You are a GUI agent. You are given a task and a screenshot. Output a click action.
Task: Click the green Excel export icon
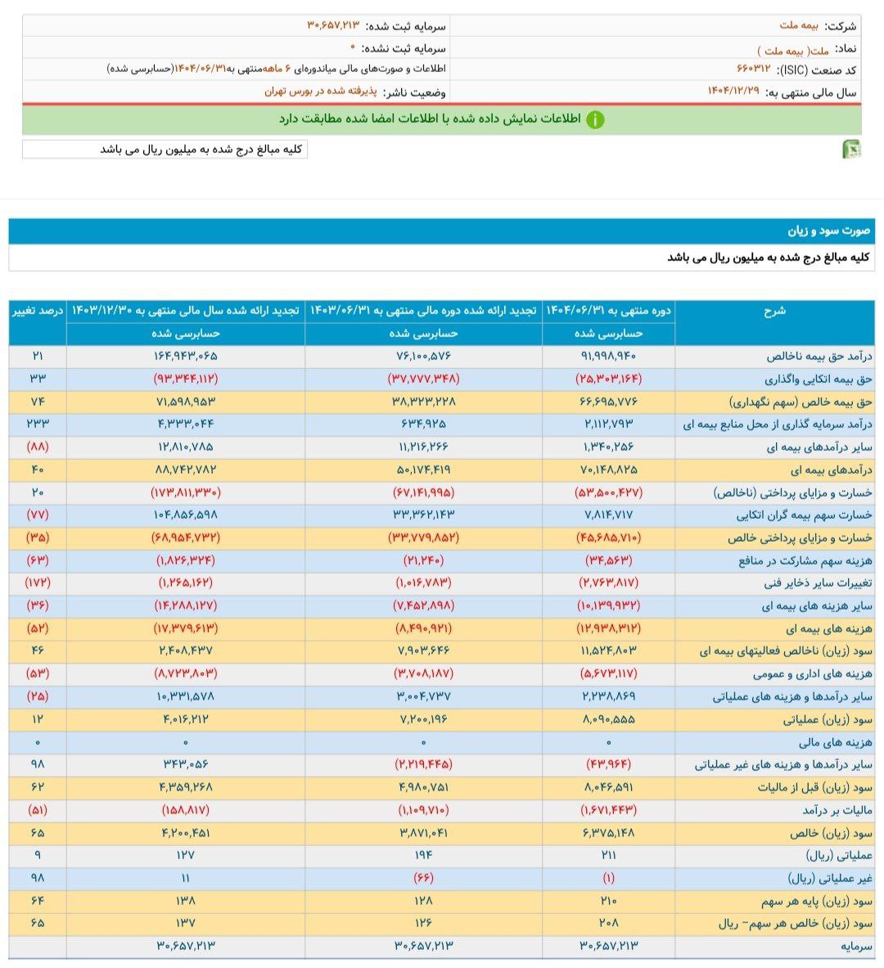point(851,149)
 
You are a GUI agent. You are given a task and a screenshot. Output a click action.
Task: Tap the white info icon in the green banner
point(595,119)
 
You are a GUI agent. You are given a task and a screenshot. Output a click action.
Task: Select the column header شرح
point(774,311)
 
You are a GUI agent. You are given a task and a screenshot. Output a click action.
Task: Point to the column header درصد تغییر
point(38,311)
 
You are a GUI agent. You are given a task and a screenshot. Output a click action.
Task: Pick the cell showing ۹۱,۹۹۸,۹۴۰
point(608,356)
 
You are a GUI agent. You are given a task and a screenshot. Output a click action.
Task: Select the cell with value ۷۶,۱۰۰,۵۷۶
point(423,356)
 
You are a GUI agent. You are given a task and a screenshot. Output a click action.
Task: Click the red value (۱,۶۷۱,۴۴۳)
point(608,810)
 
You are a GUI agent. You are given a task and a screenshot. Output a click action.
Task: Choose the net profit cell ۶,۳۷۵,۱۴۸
point(608,833)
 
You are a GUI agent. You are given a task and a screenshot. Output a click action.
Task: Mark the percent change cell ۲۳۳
point(38,424)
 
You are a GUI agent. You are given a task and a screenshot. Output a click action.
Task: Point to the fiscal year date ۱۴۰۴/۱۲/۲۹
point(735,92)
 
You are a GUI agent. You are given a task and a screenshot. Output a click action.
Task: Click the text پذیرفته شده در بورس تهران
point(320,92)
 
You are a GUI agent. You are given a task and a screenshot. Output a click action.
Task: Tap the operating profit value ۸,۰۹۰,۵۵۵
point(608,719)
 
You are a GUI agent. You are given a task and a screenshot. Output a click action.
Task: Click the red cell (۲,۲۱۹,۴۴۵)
point(423,764)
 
